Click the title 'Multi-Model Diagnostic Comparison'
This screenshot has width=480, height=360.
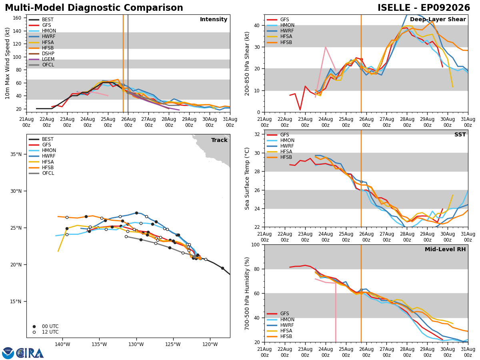coord(94,8)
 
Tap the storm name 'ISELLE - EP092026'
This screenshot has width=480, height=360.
coord(424,8)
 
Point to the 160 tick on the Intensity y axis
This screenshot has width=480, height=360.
coord(17,18)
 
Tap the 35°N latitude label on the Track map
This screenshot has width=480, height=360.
coord(16,154)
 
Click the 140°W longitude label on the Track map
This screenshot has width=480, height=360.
coord(62,344)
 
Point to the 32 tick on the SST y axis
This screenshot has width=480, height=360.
coord(257,134)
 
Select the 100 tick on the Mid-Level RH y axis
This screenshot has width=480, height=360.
coord(256,245)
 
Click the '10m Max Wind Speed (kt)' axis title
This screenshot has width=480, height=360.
coord(7,63)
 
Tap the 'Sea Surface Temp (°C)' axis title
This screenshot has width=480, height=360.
coord(247,178)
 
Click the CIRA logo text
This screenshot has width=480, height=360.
coord(31,353)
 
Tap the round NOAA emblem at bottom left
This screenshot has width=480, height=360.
coord(8,353)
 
